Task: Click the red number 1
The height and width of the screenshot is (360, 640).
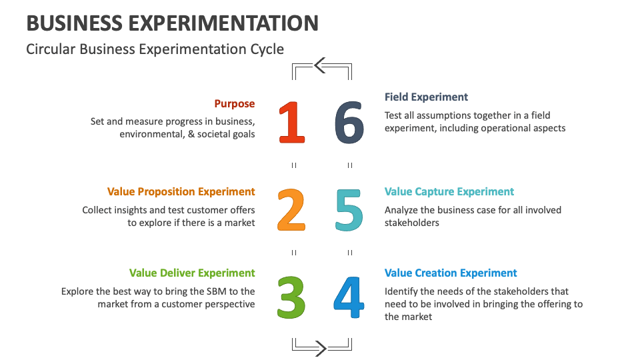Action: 291,123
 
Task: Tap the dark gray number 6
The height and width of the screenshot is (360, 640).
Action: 349,123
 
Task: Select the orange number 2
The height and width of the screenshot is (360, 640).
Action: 291,210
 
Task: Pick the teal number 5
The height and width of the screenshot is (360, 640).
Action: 349,210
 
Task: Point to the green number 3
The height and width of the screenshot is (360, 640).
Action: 291,297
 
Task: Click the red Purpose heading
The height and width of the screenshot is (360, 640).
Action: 235,104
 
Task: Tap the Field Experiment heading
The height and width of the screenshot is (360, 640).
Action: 427,97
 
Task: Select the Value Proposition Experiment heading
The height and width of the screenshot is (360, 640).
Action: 181,192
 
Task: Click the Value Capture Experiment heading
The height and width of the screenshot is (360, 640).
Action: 449,192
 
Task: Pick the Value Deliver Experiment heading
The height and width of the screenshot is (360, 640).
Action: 192,273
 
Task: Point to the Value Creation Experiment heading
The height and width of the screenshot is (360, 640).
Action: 451,273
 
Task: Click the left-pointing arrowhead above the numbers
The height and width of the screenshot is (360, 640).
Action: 319,65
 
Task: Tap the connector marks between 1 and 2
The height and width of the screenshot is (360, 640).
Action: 294,165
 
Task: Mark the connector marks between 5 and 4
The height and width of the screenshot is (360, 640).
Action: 350,253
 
